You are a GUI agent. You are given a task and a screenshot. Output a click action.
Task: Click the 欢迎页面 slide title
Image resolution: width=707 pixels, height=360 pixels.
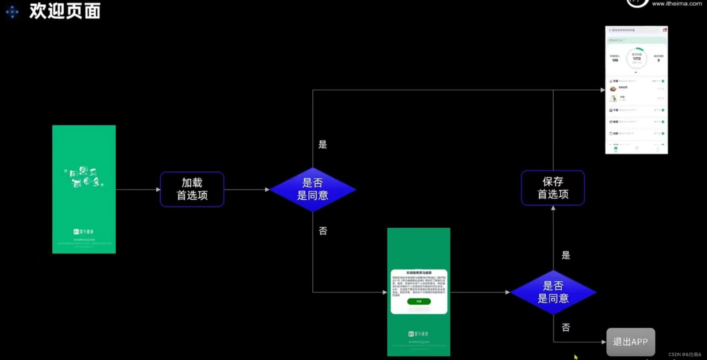point(65,11)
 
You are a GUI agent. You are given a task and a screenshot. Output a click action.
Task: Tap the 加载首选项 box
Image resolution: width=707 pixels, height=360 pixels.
point(192,189)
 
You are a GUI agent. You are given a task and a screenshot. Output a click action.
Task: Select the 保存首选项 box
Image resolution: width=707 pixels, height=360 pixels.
point(553,188)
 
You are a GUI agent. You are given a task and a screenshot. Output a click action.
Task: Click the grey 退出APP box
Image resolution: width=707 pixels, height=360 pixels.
point(630,342)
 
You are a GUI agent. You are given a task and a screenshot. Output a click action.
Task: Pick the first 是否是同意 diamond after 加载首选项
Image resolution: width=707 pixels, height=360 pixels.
point(312,189)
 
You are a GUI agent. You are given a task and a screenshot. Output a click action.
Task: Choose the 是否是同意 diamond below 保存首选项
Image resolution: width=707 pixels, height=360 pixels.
point(553,292)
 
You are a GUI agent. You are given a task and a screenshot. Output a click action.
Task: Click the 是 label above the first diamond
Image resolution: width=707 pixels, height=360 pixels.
point(323,144)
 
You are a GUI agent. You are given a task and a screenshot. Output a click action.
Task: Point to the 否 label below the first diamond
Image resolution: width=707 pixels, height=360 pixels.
point(323,231)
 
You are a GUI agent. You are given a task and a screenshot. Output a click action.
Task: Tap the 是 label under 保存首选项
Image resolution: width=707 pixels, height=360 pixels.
point(566,255)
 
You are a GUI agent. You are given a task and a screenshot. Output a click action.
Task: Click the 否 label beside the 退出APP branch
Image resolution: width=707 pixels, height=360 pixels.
point(566,327)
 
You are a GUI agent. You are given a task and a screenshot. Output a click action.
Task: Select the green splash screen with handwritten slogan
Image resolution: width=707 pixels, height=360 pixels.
point(84,189)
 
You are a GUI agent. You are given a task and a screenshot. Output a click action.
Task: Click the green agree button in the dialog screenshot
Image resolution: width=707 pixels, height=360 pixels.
point(419,301)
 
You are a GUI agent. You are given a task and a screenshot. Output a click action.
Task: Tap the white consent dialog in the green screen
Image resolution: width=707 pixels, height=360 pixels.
point(419,291)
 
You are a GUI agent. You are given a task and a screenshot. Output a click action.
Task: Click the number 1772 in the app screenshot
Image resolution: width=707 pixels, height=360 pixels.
point(637,59)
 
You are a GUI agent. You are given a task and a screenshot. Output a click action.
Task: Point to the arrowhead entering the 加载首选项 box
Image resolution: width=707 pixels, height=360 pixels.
point(158,190)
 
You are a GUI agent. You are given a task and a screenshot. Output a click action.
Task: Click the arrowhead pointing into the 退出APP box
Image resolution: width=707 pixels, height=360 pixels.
point(604,342)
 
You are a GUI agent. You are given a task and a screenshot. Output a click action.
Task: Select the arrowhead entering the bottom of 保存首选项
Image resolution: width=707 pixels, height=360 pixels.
point(553,208)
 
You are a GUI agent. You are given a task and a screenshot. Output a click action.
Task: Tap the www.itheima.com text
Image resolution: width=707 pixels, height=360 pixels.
point(677,4)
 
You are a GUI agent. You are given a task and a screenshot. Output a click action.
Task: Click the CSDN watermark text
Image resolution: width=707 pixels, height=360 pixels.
point(685,354)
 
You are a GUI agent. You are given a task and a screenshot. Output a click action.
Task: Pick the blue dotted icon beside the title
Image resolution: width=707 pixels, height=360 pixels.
point(12,12)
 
